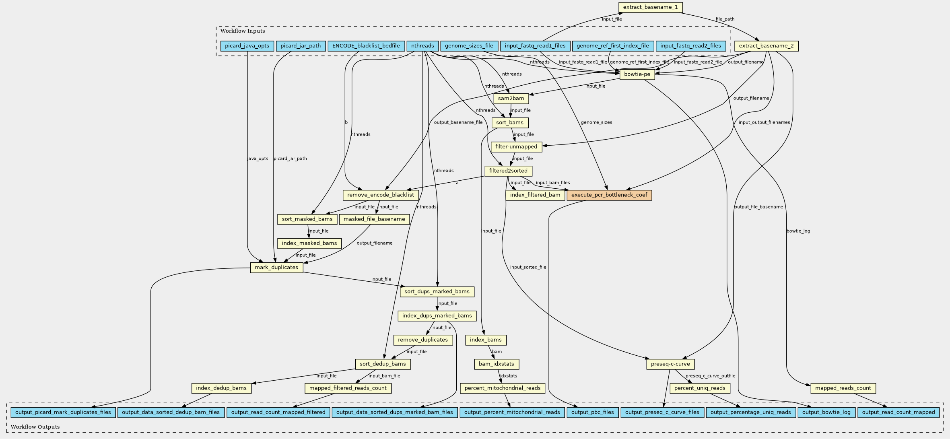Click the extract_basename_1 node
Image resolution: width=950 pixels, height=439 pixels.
click(x=650, y=7)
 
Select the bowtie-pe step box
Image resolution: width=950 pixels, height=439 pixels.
click(x=637, y=74)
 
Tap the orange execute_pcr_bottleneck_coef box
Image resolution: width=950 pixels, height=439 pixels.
click(x=609, y=195)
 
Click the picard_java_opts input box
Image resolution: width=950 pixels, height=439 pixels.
click(x=247, y=46)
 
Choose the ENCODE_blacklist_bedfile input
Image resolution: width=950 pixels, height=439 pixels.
click(x=366, y=46)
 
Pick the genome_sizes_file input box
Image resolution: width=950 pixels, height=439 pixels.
click(x=469, y=46)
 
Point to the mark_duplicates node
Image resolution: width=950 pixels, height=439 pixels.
click(x=277, y=268)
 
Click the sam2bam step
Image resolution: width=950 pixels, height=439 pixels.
click(x=511, y=99)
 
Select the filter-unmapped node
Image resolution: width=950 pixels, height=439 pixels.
click(x=516, y=147)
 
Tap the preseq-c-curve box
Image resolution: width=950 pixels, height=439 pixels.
click(x=670, y=364)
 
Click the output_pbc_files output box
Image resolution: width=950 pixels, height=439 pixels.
click(x=592, y=412)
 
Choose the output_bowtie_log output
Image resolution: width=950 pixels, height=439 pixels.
click(x=826, y=412)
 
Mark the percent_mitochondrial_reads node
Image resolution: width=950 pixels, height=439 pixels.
click(x=503, y=388)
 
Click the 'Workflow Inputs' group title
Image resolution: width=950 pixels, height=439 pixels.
click(x=243, y=31)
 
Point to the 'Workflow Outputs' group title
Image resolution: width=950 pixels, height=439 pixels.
click(x=35, y=427)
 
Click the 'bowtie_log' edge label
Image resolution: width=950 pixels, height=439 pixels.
click(x=798, y=231)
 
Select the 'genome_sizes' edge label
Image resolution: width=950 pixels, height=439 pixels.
click(x=596, y=122)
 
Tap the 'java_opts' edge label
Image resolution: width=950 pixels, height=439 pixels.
click(x=258, y=159)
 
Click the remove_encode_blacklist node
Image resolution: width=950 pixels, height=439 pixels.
click(x=381, y=195)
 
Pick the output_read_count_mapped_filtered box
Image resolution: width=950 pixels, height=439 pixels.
click(x=278, y=412)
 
